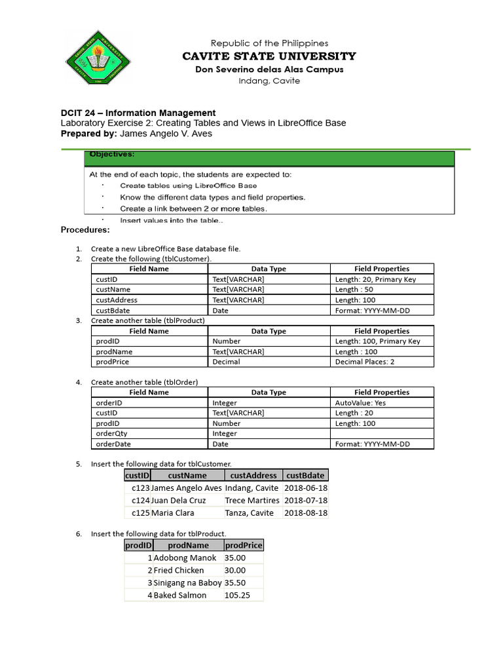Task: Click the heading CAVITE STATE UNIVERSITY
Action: pyautogui.click(x=269, y=56)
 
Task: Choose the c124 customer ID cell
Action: pyautogui.click(x=140, y=501)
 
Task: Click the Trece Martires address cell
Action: pyautogui.click(x=252, y=501)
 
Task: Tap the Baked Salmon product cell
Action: pyautogui.click(x=180, y=596)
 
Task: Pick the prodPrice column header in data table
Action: pyautogui.click(x=243, y=545)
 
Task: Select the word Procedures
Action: pyautogui.click(x=85, y=230)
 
